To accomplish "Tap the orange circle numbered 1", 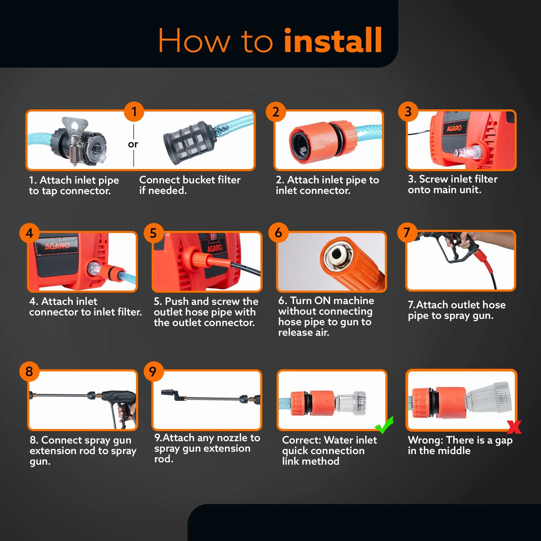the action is coord(134,111).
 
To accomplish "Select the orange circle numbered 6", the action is coord(278,232).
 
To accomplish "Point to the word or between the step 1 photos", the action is coord(133,144).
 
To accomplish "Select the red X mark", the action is coord(514,427).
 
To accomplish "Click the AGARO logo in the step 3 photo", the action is coord(454,128).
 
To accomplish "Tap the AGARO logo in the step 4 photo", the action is coord(57,246).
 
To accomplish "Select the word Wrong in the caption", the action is coord(425,440).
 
